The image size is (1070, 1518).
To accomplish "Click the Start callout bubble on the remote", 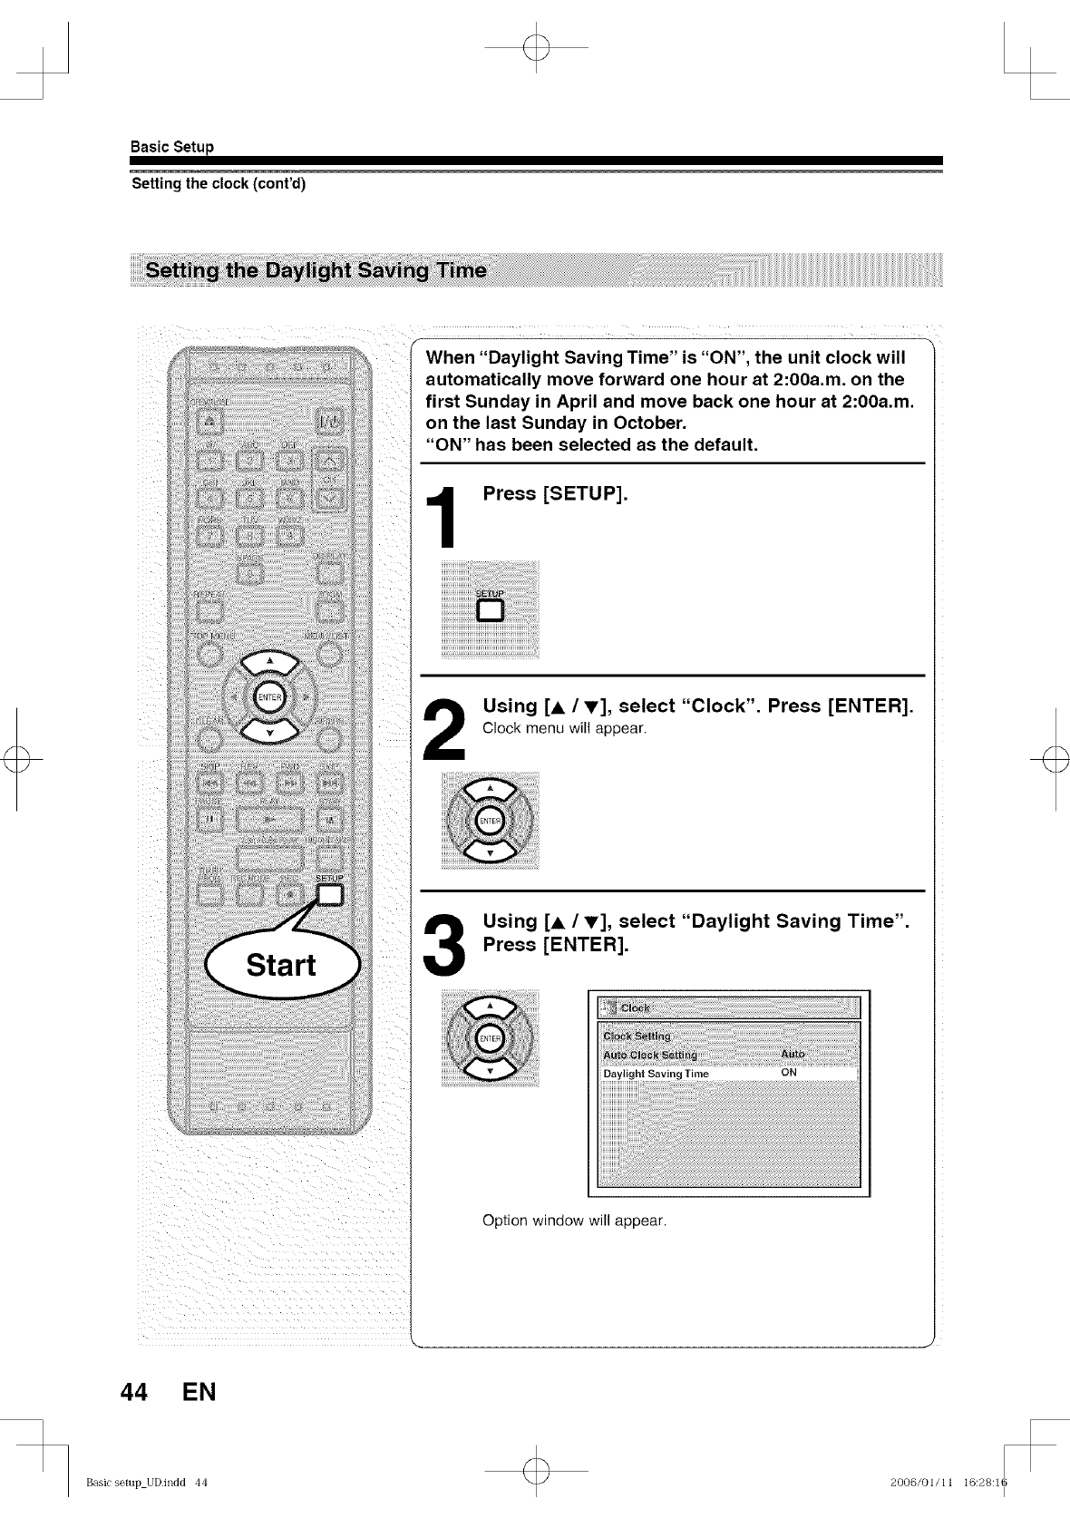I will (x=282, y=964).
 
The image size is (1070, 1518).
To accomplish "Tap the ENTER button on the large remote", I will (x=269, y=696).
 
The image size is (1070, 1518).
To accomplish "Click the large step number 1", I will (x=443, y=517).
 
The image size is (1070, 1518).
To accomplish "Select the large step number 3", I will (x=444, y=944).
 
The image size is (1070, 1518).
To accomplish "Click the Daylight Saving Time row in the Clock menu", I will (x=657, y=1074).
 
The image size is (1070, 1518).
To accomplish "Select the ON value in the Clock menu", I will (x=789, y=1073).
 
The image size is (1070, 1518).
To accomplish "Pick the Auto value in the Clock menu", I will (x=793, y=1054).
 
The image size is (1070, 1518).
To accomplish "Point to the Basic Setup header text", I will (x=172, y=147).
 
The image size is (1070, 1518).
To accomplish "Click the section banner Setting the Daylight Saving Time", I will (x=316, y=270).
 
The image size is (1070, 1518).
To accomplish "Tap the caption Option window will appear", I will (x=574, y=1221).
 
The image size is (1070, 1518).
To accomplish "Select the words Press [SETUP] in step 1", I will (x=555, y=494).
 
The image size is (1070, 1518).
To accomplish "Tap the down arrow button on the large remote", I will (x=269, y=731).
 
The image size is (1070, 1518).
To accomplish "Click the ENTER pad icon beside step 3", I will (x=490, y=1038).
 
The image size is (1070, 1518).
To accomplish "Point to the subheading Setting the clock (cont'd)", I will (x=219, y=184).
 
